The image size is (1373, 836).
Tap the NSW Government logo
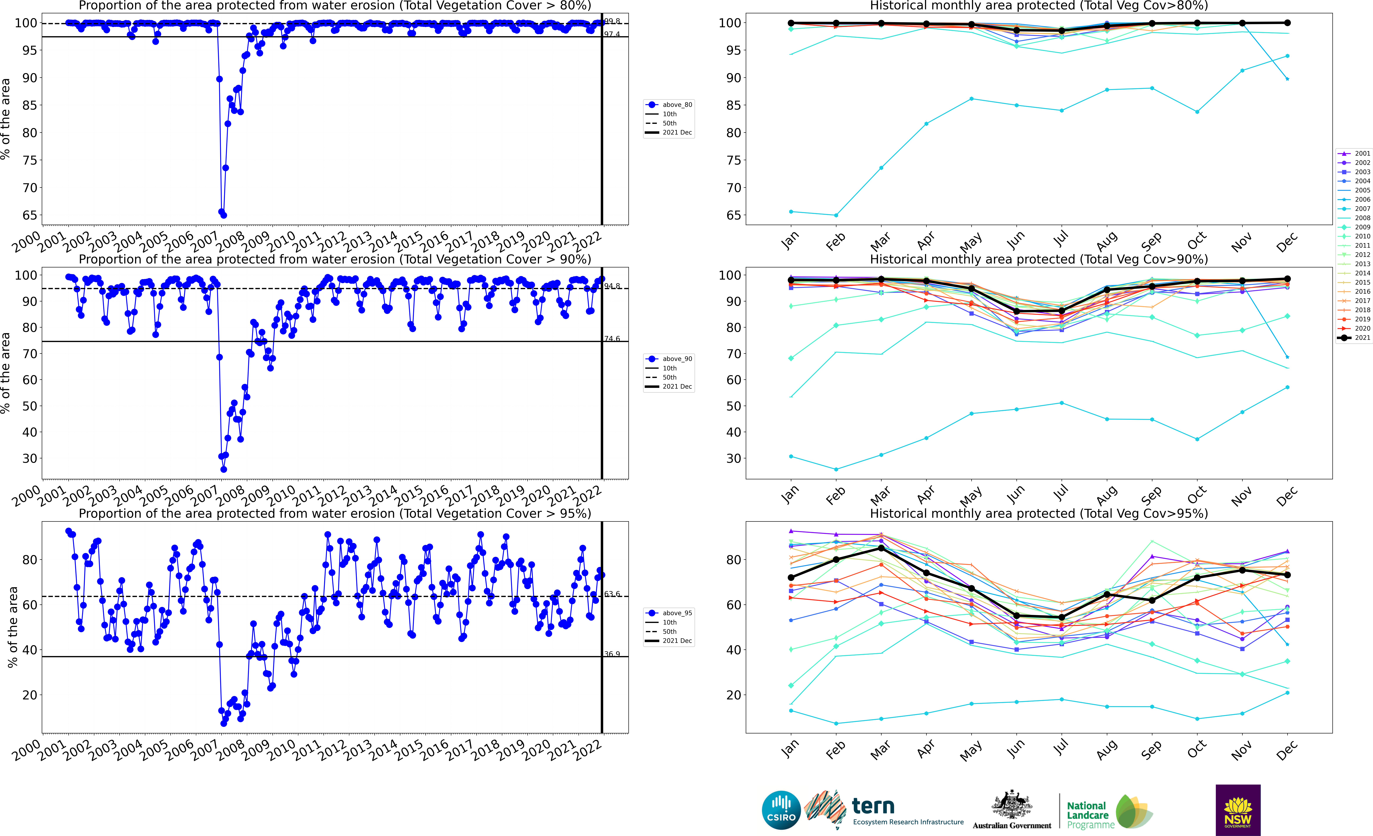pyautogui.click(x=1238, y=810)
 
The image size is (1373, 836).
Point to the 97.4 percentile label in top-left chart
pyautogui.click(x=612, y=34)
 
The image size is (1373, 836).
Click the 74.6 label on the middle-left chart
pyautogui.click(x=612, y=339)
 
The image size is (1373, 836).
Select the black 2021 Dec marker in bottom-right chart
pyautogui.click(x=1287, y=575)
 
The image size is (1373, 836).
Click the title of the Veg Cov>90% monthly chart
pyautogui.click(x=1039, y=259)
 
